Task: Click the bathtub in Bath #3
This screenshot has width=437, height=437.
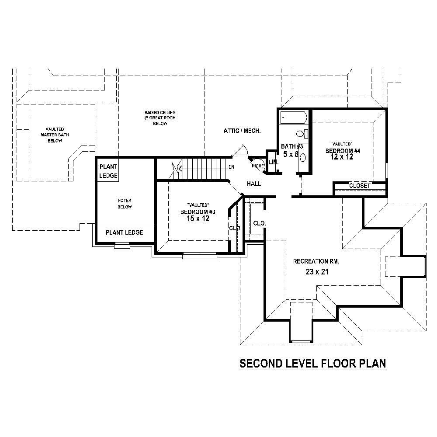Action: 293,118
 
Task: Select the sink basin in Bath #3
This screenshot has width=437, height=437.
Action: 303,156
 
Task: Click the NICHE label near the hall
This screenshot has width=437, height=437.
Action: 257,166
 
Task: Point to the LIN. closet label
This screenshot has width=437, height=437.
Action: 273,162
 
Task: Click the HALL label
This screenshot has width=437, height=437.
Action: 254,184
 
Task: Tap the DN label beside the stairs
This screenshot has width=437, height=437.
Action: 231,167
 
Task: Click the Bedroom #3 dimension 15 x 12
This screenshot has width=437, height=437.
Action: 198,219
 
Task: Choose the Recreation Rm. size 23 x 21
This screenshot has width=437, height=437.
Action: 317,272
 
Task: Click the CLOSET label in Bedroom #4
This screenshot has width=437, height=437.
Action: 360,186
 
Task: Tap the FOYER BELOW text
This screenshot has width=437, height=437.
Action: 125,204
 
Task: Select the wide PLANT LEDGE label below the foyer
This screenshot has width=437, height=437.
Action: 125,232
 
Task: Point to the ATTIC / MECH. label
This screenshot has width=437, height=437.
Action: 242,131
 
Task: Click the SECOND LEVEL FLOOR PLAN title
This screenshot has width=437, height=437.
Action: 312,364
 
